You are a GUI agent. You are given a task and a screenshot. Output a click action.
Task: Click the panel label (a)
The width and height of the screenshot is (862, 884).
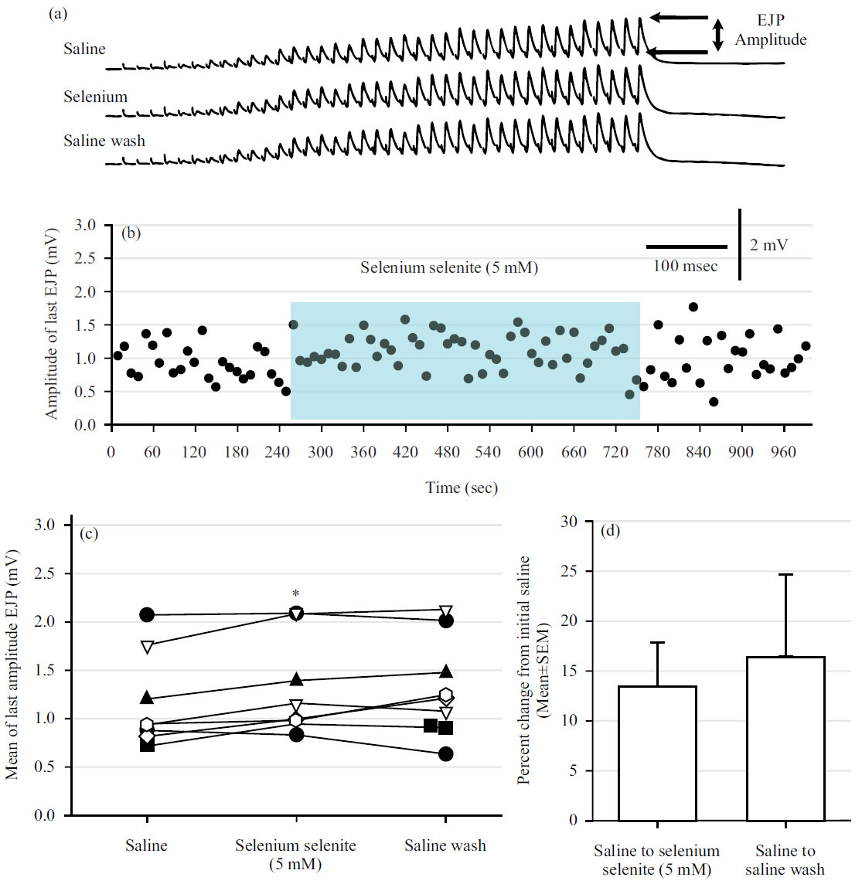[58, 13]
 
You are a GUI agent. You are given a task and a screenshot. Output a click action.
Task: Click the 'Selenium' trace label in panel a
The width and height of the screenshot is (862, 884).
[95, 97]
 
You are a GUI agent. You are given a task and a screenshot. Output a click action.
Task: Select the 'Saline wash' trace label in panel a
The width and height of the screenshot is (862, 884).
[104, 141]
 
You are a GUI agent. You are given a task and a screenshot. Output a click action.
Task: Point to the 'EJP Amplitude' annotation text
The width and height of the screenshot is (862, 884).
[770, 30]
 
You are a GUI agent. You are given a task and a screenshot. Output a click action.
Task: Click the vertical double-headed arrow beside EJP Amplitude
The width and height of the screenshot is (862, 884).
[718, 35]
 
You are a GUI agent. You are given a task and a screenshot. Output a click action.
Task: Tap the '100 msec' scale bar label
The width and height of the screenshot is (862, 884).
[685, 267]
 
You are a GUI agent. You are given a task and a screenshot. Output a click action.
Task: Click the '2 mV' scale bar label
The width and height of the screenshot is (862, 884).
[768, 245]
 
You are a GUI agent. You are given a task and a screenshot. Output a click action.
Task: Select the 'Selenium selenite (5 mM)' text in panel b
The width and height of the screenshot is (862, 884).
[449, 267]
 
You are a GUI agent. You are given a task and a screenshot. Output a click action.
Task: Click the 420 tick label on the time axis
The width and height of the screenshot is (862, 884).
[405, 452]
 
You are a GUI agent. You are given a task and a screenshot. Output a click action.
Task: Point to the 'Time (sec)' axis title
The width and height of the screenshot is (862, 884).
[462, 488]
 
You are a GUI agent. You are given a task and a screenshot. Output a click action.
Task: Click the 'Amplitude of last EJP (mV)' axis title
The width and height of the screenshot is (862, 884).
[52, 324]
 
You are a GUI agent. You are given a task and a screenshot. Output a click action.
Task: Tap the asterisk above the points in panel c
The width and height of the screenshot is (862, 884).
[295, 593]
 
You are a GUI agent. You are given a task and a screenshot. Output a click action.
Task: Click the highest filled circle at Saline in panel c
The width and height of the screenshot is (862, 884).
[147, 615]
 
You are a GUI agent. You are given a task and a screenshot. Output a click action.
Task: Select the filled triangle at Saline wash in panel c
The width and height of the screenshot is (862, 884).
[445, 671]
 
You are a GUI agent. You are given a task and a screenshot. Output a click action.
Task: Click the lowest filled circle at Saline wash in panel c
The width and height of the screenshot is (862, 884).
[445, 753]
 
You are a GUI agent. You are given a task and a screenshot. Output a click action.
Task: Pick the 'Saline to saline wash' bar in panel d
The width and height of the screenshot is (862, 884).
[785, 738]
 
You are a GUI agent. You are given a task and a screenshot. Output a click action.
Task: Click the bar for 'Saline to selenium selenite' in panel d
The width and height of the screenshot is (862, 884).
[657, 753]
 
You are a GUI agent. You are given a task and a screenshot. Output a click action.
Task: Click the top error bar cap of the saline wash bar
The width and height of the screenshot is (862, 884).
[785, 575]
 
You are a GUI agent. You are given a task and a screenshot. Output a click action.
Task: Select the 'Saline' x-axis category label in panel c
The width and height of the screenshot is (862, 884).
[146, 845]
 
